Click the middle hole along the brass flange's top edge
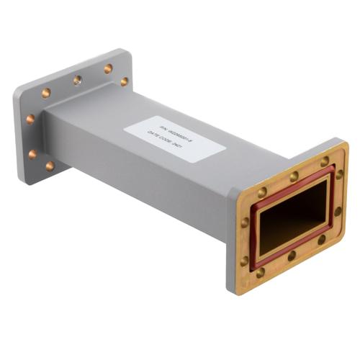[294, 176]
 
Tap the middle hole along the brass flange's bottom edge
[292, 256]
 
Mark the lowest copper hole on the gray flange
[50, 166]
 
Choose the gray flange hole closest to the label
[125, 82]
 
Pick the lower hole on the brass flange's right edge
[338, 212]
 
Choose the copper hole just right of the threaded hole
[108, 69]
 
